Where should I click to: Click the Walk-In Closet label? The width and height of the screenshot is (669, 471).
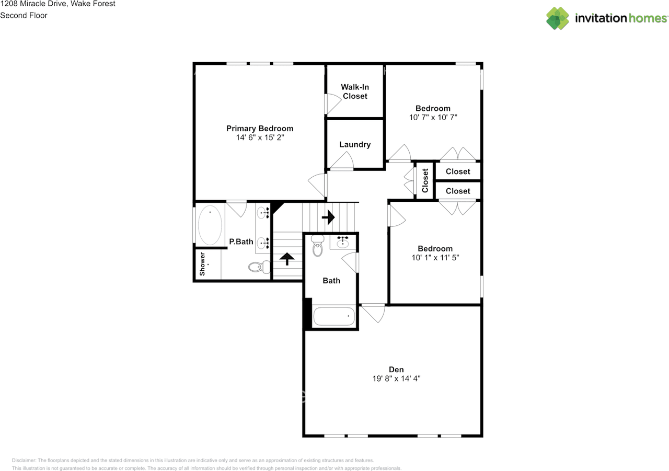coord(355,91)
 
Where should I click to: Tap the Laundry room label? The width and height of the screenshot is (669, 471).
coord(355,145)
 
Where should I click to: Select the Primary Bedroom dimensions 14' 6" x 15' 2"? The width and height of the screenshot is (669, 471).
coord(260,137)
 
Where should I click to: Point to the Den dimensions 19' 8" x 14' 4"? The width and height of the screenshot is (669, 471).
coord(396,378)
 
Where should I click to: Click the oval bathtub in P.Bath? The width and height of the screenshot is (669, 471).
coord(210,225)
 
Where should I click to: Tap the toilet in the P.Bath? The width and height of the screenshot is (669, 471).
coord(259,267)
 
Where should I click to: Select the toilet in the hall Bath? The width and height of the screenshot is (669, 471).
coord(317,246)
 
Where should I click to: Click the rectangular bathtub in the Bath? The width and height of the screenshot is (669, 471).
coord(334,316)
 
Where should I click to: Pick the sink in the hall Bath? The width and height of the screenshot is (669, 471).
coord(343,243)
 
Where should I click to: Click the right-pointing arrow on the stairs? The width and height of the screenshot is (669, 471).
coord(328,217)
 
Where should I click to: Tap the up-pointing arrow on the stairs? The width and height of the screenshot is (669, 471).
coord(287,259)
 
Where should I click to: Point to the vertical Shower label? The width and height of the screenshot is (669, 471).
coord(202,264)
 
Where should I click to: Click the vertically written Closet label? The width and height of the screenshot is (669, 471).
coord(425,181)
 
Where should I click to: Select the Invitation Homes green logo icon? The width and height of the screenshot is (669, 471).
coord(558,18)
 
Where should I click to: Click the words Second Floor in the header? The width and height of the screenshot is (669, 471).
coord(24,15)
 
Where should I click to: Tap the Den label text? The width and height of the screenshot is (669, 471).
coord(396,370)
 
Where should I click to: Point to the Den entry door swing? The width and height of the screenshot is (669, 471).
coord(373,313)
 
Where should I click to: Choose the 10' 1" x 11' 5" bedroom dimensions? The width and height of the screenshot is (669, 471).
coord(435,257)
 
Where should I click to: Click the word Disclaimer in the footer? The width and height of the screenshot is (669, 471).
coord(24,460)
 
